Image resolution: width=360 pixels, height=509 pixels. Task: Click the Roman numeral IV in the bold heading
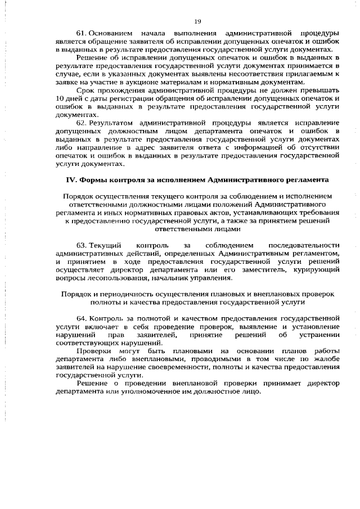71,181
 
